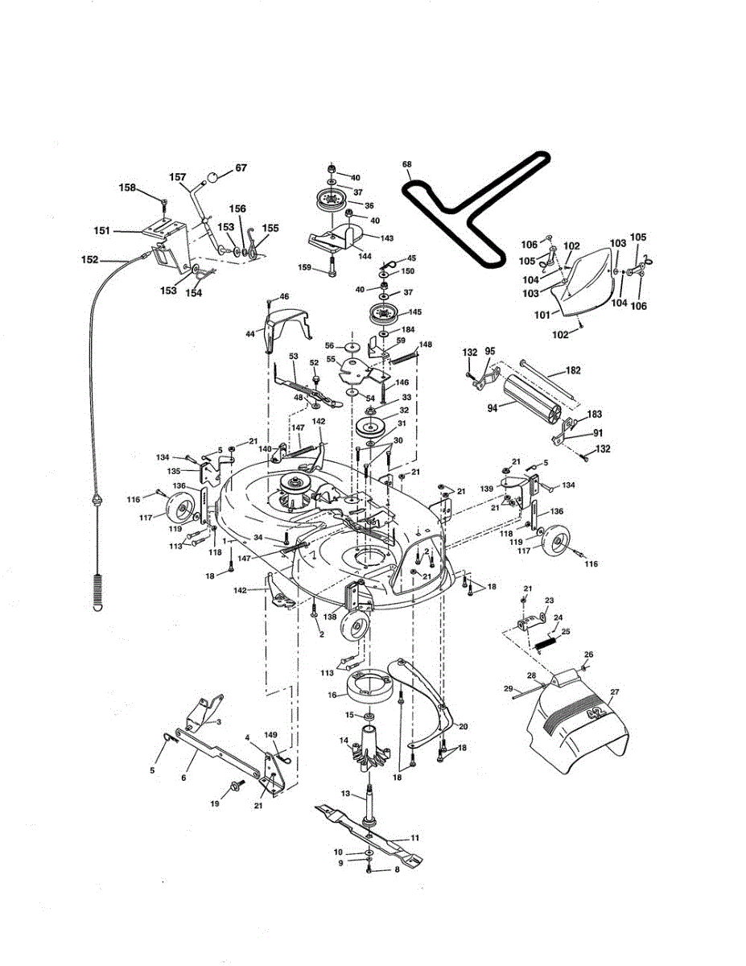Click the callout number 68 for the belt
click(x=407, y=165)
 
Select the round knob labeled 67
click(x=213, y=177)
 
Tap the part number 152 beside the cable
click(x=90, y=260)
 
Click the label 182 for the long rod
click(x=572, y=371)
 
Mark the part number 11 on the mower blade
click(x=414, y=837)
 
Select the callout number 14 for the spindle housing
click(x=343, y=741)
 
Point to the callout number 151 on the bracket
click(x=101, y=231)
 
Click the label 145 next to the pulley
click(x=415, y=312)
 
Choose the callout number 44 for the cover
click(x=250, y=332)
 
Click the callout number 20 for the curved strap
click(x=462, y=726)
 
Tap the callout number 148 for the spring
click(x=425, y=345)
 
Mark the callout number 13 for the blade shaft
click(x=346, y=793)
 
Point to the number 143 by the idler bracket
click(x=387, y=238)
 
